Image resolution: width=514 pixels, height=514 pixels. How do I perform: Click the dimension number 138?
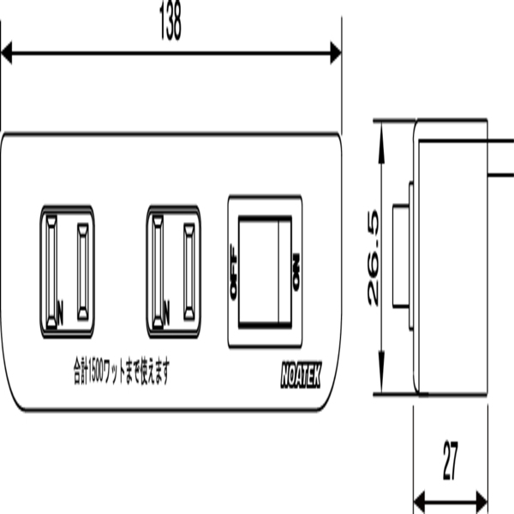click(x=170, y=23)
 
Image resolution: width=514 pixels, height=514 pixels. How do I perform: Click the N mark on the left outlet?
click(x=60, y=306)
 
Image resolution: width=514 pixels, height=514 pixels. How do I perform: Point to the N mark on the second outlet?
click(x=165, y=306)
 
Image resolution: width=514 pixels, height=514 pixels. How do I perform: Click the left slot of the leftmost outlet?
click(x=52, y=270)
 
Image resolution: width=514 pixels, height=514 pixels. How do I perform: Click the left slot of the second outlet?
click(x=158, y=270)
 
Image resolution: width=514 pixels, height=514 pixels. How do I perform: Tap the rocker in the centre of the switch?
click(x=264, y=272)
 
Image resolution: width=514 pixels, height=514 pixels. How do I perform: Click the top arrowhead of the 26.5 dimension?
click(x=380, y=127)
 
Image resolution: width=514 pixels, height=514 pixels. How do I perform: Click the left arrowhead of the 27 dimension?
click(x=420, y=501)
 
